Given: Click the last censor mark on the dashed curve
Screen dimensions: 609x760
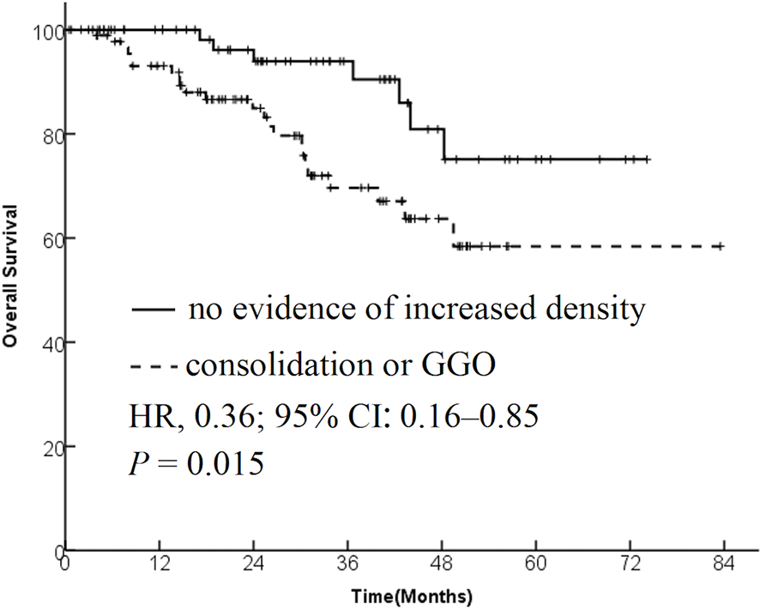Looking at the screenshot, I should [721, 246].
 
